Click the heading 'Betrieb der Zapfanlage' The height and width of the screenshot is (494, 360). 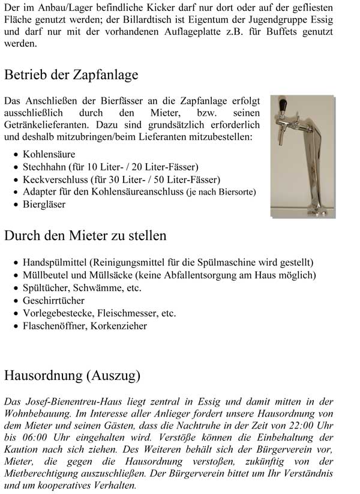tap(71, 75)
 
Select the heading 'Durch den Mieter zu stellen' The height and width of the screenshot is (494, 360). tap(85, 235)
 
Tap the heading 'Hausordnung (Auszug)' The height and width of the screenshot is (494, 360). tap(72, 376)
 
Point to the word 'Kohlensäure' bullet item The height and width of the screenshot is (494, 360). tap(47, 155)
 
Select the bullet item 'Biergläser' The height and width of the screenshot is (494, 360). tap(44, 204)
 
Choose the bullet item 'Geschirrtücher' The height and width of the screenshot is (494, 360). tap(53, 300)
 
